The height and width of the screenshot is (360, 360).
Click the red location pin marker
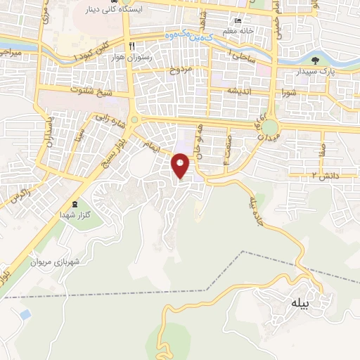pos(181,165)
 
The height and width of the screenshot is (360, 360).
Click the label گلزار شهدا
pos(77,213)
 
